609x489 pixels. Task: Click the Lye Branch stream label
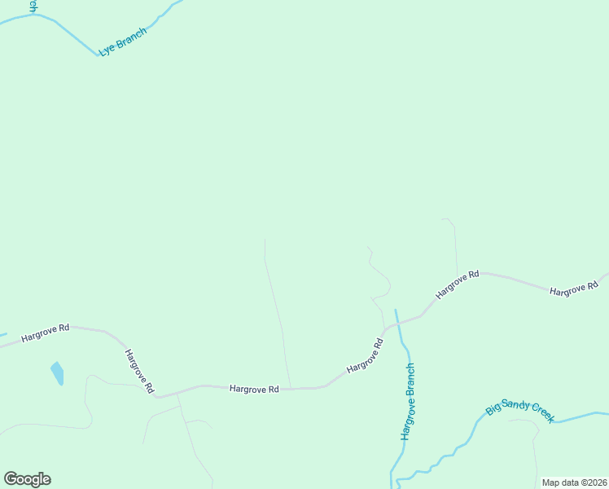coord(122,42)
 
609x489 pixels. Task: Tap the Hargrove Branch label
coord(410,402)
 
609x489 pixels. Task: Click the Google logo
coord(27,479)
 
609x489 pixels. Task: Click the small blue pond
coord(57,374)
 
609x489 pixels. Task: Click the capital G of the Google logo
coord(11,478)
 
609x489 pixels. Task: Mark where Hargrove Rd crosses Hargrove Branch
coord(397,323)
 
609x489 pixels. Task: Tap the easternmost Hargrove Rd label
coord(574,289)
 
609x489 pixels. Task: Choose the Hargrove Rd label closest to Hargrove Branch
coord(365,357)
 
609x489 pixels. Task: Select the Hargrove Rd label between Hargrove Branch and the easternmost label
coord(457,286)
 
